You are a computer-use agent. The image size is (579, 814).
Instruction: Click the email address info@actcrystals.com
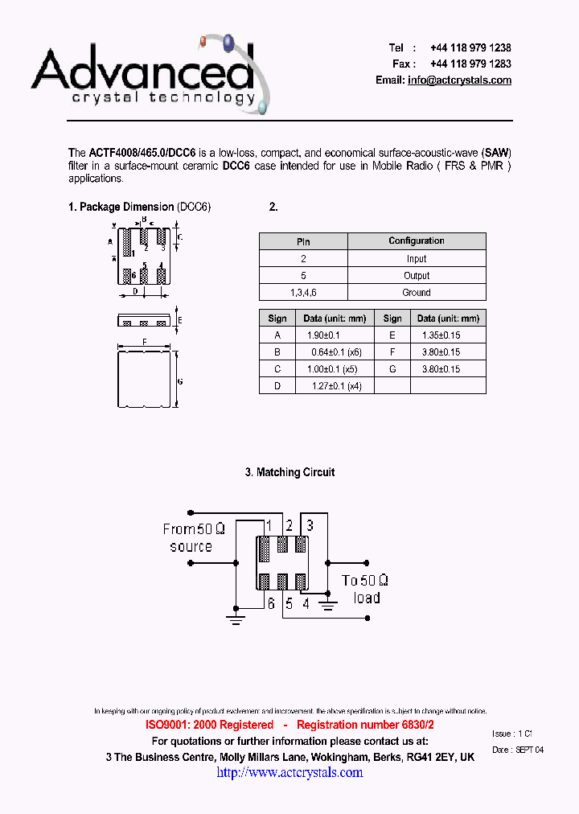pos(459,80)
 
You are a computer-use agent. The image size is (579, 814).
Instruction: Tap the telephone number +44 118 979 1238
pos(470,48)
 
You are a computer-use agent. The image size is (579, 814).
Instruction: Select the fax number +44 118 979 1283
pos(470,64)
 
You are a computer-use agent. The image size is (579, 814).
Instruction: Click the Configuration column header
pos(416,241)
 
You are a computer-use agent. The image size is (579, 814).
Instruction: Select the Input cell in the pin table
pos(416,259)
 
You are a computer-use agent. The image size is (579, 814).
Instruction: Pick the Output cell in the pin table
pos(416,276)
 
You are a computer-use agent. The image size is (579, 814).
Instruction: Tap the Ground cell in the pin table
pos(416,293)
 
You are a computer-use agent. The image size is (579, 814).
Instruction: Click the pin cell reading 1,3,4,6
pos(303,293)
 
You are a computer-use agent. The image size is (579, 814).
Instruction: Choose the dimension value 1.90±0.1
pos(324,335)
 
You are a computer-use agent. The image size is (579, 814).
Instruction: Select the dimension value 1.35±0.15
pos(440,335)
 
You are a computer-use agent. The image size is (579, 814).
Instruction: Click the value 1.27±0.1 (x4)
pos(330,386)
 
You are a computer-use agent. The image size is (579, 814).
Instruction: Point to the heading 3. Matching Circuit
pos(289,473)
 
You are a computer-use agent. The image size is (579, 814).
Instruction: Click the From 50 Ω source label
pos(193,537)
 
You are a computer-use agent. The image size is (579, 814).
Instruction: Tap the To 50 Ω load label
pos(366,589)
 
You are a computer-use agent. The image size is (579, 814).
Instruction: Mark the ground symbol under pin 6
pos(236,619)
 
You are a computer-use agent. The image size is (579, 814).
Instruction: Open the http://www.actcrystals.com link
pos(289,773)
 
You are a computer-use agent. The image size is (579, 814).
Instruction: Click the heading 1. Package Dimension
pos(121,208)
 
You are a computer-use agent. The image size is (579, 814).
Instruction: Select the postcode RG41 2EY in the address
pos(429,758)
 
